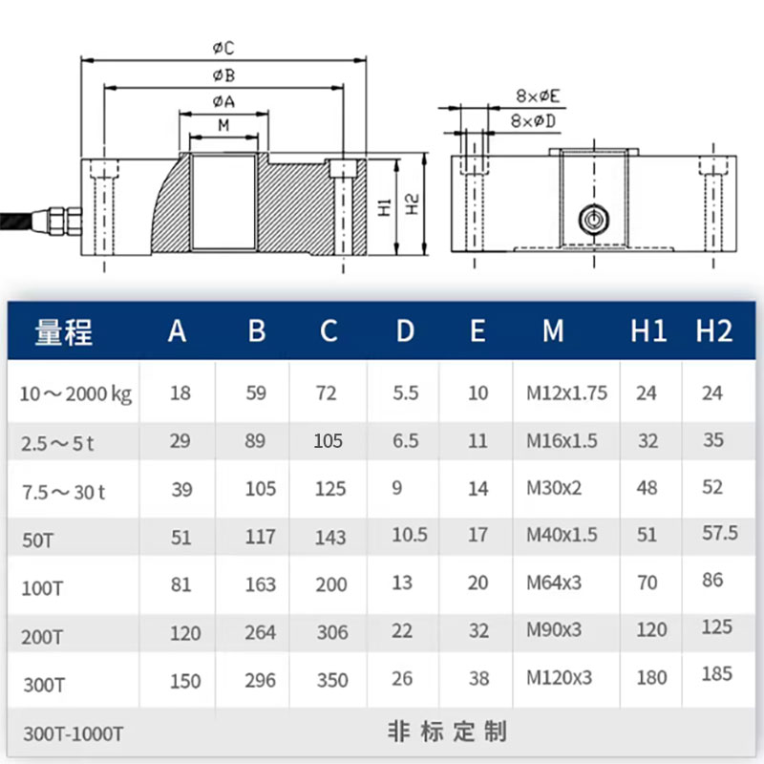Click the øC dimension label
tap(223, 47)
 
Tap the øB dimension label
tap(223, 74)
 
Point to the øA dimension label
tap(223, 101)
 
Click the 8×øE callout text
tap(539, 95)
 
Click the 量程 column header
tap(64, 331)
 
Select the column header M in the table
tap(554, 331)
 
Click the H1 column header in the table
tap(648, 331)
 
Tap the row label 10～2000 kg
tap(76, 393)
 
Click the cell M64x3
tap(554, 582)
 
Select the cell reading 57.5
tap(721, 533)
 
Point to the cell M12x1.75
tap(566, 393)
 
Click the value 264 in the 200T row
tap(260, 632)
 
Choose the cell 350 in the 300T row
tap(331, 680)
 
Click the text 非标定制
tap(447, 732)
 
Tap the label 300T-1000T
tap(73, 733)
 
